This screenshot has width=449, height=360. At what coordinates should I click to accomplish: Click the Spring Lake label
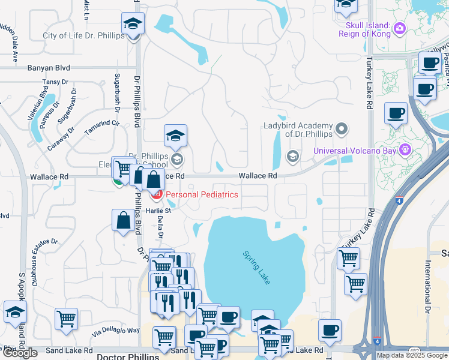pyautogui.click(x=256, y=263)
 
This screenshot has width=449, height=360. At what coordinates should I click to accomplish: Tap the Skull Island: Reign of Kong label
pyautogui.click(x=368, y=29)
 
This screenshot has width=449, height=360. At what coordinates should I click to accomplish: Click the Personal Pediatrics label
pyautogui.click(x=202, y=194)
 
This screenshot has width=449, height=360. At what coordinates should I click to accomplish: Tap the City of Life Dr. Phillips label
pyautogui.click(x=83, y=35)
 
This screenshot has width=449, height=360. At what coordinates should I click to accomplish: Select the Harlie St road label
pyautogui.click(x=159, y=210)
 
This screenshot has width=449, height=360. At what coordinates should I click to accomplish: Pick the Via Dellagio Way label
pyautogui.click(x=116, y=331)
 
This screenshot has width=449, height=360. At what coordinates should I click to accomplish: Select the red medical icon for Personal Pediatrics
pyautogui.click(x=156, y=194)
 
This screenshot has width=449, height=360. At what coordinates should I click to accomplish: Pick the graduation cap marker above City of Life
pyautogui.click(x=133, y=25)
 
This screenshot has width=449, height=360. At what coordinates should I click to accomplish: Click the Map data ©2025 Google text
pyautogui.click(x=412, y=355)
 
